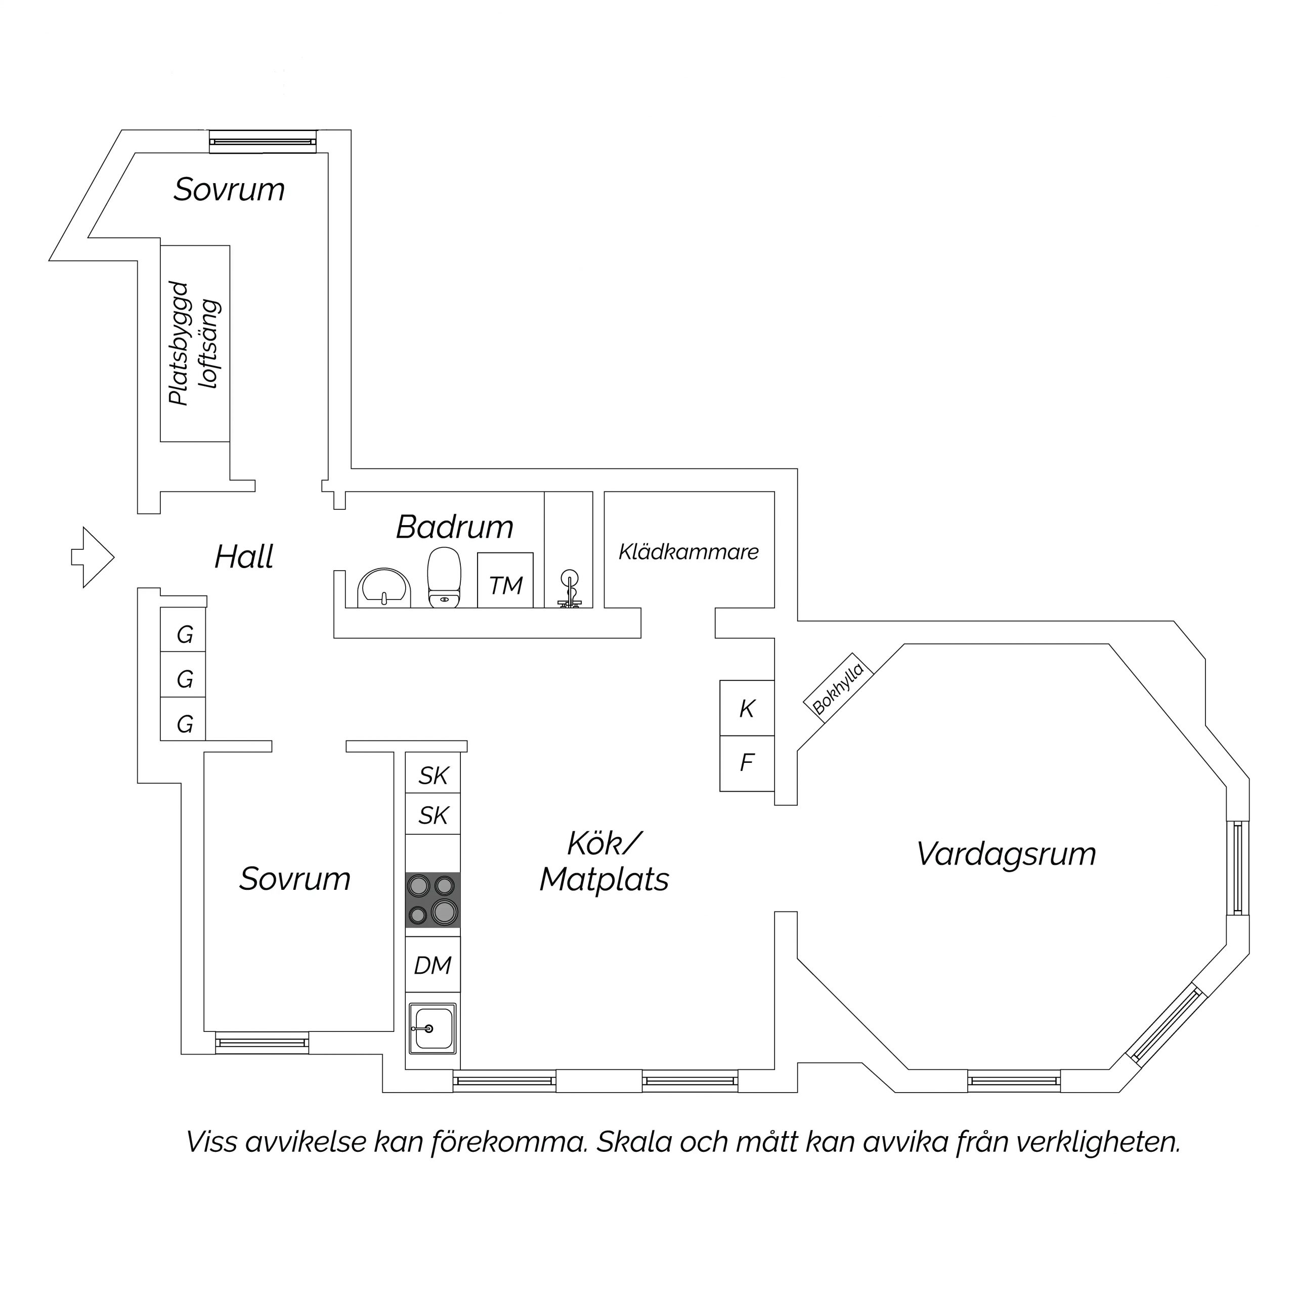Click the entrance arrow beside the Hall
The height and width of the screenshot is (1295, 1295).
coord(93,557)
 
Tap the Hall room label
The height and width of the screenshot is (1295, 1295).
coord(244,557)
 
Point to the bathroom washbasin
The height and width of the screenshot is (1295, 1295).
coord(384,588)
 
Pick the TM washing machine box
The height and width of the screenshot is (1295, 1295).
coord(505,580)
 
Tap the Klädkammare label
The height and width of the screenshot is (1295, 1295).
coord(688,552)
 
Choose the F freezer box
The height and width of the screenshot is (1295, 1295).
coord(747,763)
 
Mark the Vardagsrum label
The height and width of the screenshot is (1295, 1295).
coord(1006,854)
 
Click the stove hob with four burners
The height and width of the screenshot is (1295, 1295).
coord(433,899)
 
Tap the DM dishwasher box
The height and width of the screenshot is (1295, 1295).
coord(433,965)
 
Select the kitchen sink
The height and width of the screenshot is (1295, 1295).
coord(433,1028)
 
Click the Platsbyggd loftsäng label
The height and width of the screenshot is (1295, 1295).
coord(194,343)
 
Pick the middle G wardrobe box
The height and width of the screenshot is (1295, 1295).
coord(183,679)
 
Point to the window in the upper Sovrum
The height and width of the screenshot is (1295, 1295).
coord(262,142)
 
